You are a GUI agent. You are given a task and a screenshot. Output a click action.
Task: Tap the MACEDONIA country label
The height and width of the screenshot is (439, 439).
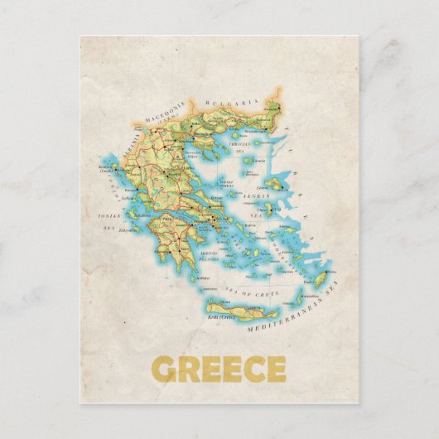point(161,110)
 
